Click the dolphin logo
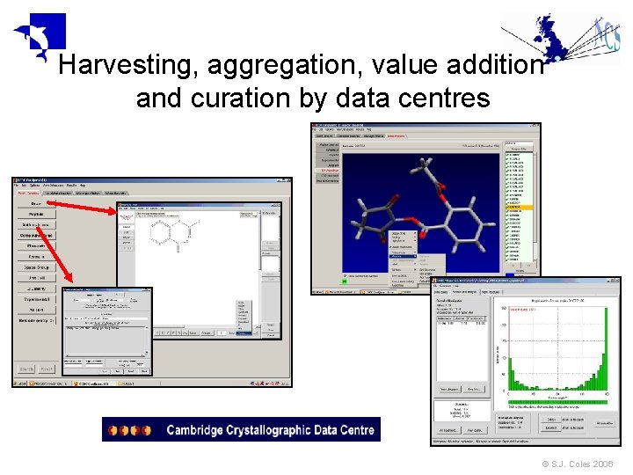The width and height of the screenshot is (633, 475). click(x=40, y=35)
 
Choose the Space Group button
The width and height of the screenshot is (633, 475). click(x=35, y=267)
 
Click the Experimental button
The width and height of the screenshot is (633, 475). click(x=35, y=299)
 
